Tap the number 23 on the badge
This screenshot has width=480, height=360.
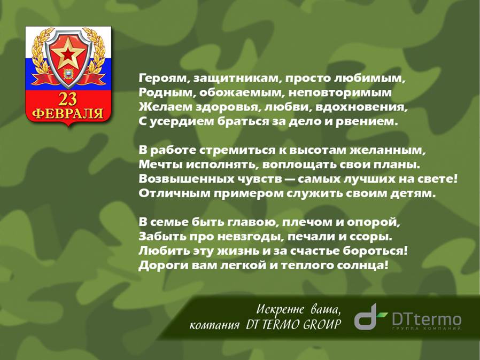tap(68, 99)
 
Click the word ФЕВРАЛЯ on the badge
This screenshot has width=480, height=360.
tap(68, 113)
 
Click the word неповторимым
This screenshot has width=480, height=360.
tap(340, 93)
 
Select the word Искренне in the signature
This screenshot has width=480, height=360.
tap(280, 310)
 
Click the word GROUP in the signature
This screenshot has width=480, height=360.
tap(322, 324)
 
